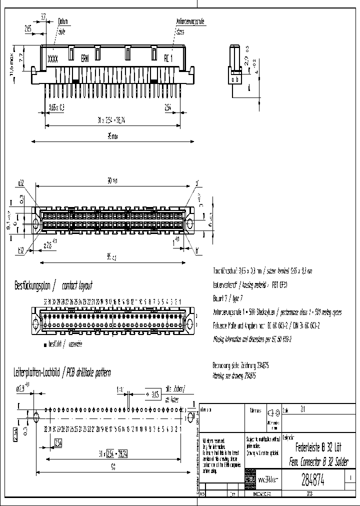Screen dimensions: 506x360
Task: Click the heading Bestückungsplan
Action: click(33, 286)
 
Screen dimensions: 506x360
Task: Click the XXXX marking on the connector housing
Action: click(52, 58)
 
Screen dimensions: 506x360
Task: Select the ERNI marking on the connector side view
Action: click(87, 58)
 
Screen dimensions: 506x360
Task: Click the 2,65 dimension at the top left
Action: click(28, 29)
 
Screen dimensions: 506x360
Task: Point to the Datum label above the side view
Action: click(62, 21)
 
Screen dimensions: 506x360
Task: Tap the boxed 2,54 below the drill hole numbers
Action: click(57, 442)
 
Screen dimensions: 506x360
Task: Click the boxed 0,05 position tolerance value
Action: click(155, 394)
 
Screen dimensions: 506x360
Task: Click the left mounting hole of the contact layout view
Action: click(36, 318)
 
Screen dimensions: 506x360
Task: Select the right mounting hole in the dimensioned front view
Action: click(189, 223)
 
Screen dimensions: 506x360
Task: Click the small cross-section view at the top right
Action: click(235, 65)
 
